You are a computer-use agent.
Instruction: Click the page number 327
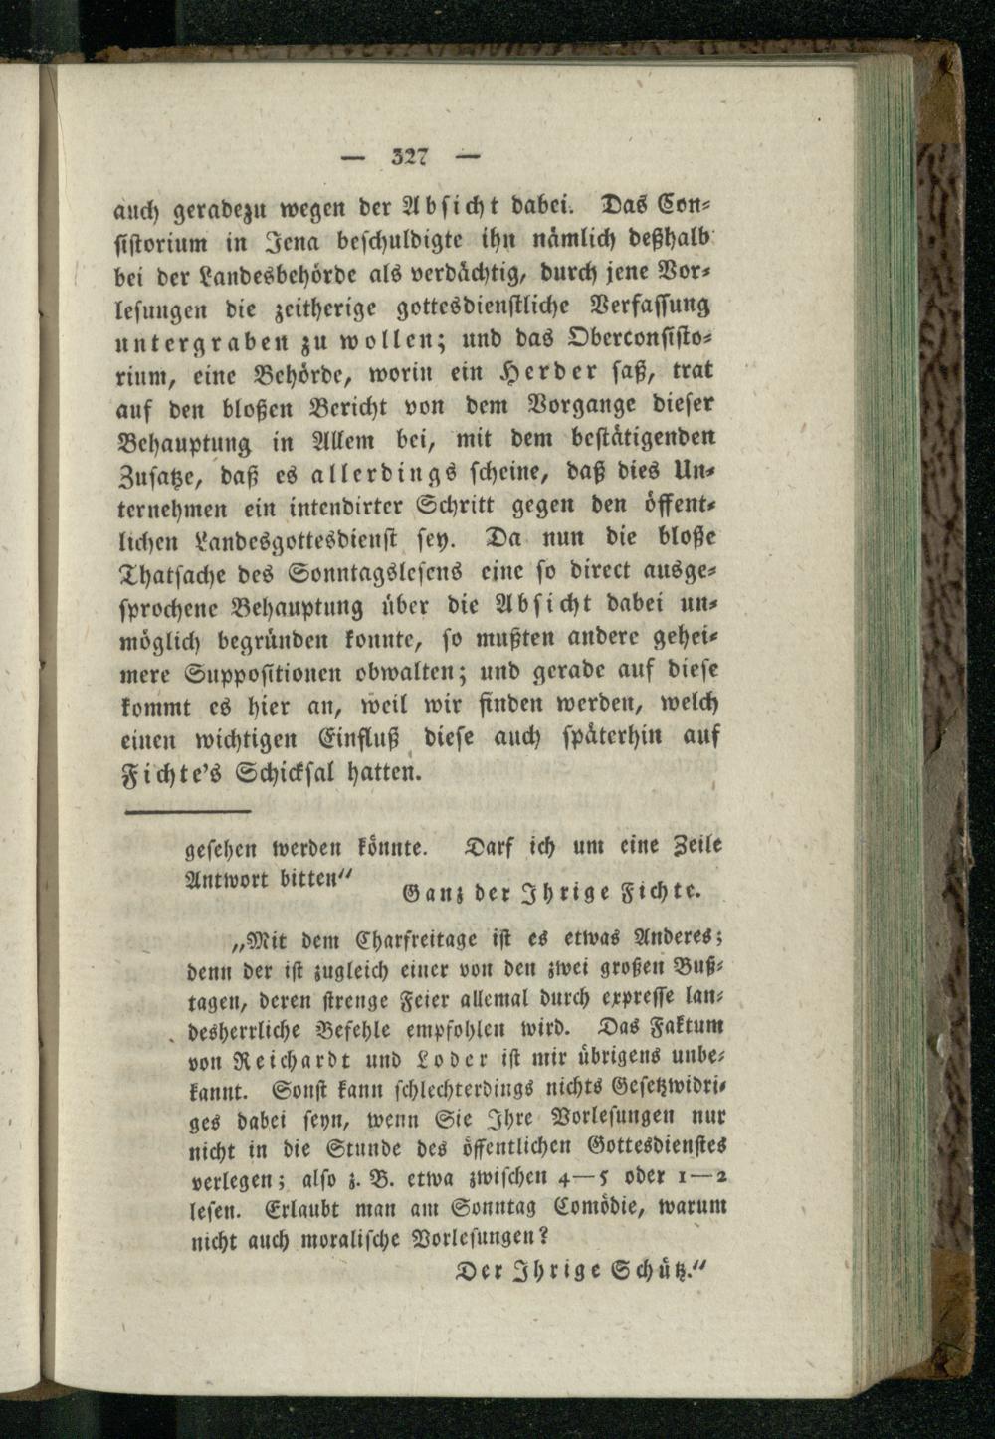point(410,155)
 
